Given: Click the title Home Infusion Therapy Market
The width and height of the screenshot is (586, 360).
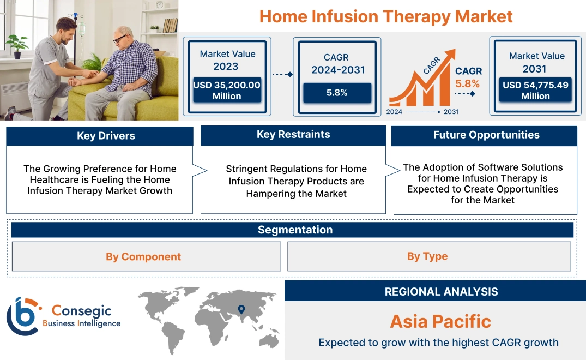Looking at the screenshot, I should click(x=386, y=16).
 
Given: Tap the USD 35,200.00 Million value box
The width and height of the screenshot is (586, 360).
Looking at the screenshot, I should click(x=226, y=91).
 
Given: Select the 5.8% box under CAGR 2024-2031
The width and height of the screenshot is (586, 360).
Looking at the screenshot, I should click(x=337, y=93).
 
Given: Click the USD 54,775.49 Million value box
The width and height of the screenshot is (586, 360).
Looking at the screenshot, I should click(x=535, y=91).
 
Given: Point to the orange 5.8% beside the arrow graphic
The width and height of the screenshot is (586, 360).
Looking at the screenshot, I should click(x=467, y=83).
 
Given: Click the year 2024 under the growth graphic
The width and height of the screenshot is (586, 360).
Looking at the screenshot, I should click(x=395, y=112).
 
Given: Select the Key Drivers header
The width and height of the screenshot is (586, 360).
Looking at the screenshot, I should click(x=100, y=136).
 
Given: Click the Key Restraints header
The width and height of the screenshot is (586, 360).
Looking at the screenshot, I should click(x=293, y=135).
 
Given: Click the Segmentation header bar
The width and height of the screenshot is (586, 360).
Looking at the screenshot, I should click(x=294, y=230).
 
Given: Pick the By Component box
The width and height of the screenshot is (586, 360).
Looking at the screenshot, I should click(x=143, y=256).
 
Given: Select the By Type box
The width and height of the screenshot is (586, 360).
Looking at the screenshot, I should click(x=427, y=256).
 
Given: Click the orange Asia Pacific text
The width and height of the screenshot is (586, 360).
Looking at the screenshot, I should click(x=440, y=321).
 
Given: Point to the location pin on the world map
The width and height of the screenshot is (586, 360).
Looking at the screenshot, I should click(x=240, y=310).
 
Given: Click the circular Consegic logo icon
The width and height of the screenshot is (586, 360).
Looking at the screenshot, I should click(x=22, y=316).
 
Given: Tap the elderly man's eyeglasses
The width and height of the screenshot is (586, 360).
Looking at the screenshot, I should click(x=120, y=39).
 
